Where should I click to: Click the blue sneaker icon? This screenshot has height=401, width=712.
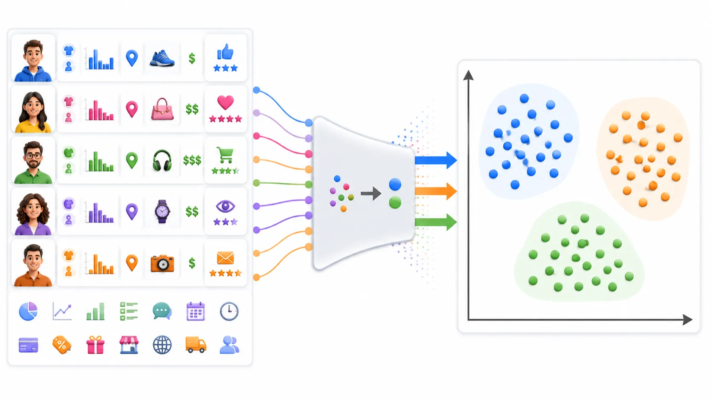coord(162,58)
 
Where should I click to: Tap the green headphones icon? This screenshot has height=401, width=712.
coord(162,161)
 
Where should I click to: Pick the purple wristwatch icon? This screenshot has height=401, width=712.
coord(162,211)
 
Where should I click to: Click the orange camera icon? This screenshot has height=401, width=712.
coord(162,263)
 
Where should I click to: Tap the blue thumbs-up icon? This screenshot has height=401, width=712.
coord(225,52)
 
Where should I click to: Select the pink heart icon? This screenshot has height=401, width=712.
coord(225,102)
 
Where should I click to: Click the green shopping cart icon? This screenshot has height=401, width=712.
coord(225,155)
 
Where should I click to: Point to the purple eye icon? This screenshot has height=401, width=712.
coord(225,206)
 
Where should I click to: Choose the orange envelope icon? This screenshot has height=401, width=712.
coord(225,258)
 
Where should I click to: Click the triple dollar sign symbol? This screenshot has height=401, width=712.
coord(192,160)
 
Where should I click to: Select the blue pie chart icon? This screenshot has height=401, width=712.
coord(28,311)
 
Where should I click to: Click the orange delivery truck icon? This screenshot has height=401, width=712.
coord(196,345)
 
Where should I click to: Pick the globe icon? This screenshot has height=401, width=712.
coord(162,345)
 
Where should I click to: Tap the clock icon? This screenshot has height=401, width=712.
coord(229,311)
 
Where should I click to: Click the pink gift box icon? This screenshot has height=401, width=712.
coord(95,345)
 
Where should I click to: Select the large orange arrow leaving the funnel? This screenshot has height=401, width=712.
coord(436,191)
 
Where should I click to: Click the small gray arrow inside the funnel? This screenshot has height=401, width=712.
coord(371,193)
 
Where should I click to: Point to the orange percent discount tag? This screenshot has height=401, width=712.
coord(62,345)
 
